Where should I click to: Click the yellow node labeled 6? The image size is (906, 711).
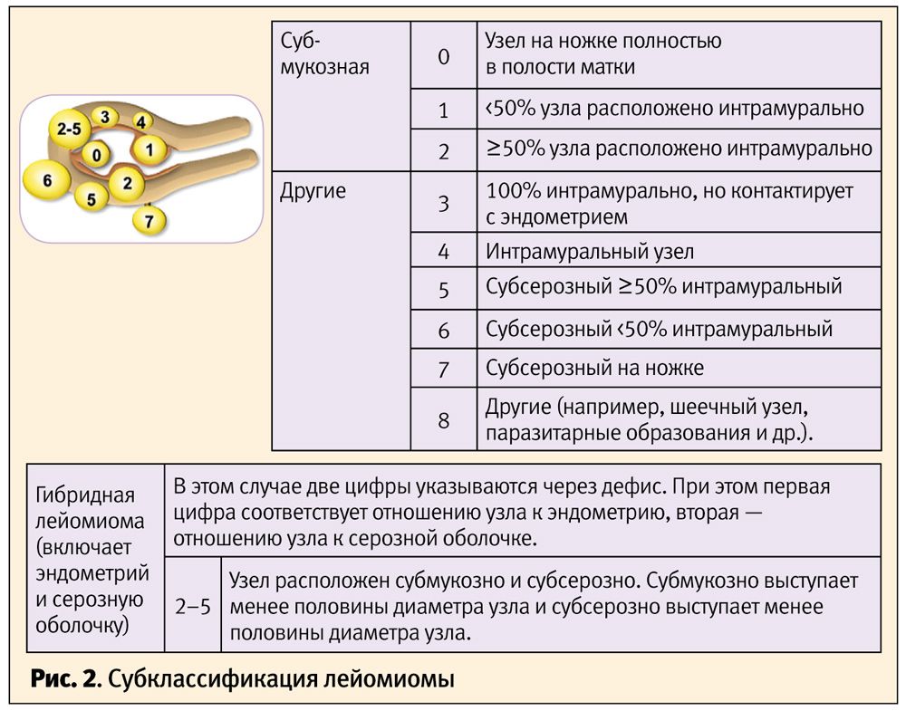point(47,179)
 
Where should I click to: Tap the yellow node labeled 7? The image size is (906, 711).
point(149,220)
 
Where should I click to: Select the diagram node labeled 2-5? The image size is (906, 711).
point(69,129)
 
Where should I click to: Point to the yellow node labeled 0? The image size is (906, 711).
point(97,154)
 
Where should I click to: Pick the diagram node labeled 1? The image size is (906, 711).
point(149,149)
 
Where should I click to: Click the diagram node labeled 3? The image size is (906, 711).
point(104,117)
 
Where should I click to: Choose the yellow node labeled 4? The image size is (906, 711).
point(140,121)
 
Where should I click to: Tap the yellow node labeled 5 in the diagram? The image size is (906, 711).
point(92,198)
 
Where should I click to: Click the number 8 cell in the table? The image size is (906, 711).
point(444,420)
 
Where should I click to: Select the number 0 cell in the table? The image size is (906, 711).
point(444,56)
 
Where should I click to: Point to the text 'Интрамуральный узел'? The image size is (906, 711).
point(590,252)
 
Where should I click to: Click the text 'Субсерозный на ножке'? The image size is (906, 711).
point(594,368)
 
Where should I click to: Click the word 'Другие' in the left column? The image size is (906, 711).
point(313,190)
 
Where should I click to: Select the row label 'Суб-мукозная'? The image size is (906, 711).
point(324,53)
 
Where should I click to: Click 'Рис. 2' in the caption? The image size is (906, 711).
point(64,679)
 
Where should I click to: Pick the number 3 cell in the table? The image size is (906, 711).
point(444,203)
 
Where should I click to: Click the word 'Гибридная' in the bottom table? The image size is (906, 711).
point(85,495)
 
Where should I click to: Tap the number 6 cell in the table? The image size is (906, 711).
point(444,330)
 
